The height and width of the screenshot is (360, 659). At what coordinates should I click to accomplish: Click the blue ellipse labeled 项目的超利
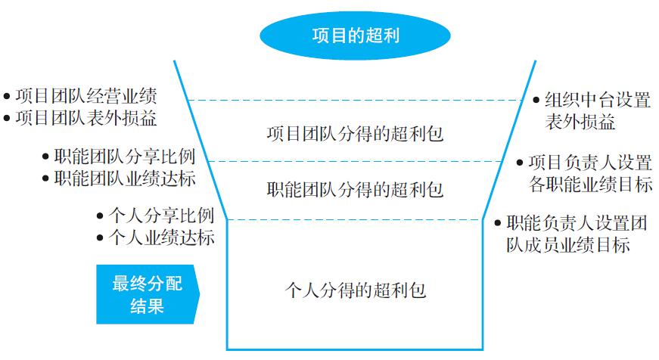355,36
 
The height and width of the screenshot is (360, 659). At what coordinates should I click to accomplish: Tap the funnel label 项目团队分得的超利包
355,134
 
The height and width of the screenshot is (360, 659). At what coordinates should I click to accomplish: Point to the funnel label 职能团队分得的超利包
355,189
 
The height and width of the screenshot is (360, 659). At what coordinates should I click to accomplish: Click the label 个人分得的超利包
356,290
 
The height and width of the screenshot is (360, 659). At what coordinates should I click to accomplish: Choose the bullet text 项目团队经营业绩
86,96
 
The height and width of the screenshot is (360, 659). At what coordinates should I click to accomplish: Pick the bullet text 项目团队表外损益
86,118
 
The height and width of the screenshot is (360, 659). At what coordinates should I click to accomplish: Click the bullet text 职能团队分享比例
125,157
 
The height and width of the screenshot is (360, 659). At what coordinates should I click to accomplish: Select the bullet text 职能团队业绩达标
125,178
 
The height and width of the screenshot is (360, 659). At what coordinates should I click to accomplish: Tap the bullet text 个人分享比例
162,216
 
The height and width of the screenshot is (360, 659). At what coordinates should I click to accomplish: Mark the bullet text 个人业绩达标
162,237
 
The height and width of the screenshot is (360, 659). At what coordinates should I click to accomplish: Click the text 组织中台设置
598,100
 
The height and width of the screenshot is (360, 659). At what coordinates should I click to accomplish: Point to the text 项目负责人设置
590,162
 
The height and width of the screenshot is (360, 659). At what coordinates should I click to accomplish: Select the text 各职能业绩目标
590,184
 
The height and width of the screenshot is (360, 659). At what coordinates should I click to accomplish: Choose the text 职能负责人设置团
577,222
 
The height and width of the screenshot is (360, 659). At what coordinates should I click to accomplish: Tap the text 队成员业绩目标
567,244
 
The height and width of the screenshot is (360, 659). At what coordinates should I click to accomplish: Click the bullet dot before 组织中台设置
536,100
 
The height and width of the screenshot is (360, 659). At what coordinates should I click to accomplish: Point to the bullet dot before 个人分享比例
100,216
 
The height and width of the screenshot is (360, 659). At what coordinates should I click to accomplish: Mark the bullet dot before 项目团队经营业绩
7,96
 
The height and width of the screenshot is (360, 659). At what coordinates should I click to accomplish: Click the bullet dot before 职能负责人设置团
498,222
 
